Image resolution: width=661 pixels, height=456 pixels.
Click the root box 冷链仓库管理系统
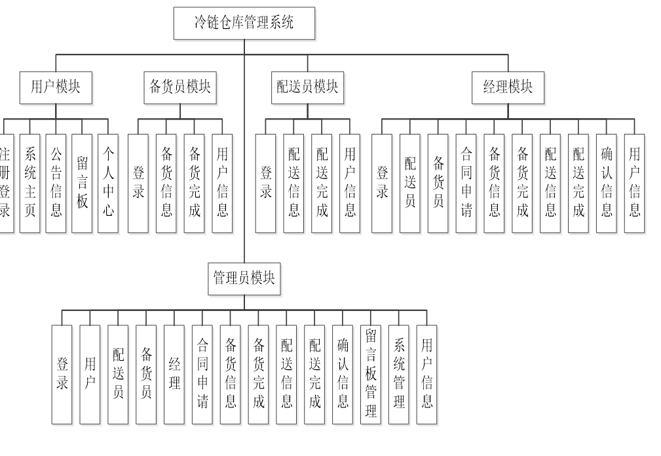tap(244, 23)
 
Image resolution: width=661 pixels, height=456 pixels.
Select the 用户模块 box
tap(56, 87)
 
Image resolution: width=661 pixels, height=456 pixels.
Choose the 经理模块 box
tap(508, 87)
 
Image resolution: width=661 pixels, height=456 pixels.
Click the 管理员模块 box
tap(244, 278)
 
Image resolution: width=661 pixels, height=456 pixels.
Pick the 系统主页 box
tap(30, 183)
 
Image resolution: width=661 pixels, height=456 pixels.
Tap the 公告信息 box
tap(56, 183)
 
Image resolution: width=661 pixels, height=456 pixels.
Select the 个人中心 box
tap(108, 183)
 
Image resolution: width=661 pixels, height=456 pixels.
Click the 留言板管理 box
tap(371, 374)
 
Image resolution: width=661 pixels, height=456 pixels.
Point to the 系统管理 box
tap(399, 374)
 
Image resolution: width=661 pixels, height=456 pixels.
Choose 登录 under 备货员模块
tap(138, 183)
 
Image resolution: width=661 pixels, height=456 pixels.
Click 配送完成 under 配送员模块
tap(322, 183)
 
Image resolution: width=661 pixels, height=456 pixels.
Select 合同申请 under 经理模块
tap(466, 183)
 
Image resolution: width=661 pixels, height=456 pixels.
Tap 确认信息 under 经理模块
tap(607, 183)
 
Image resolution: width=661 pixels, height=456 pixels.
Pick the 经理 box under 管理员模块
tap(174, 374)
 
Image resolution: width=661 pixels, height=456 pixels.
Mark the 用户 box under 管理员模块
tap(90, 374)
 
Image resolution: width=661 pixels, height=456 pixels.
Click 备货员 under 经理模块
tap(438, 183)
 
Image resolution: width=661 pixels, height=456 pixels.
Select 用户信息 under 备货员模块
tap(222, 183)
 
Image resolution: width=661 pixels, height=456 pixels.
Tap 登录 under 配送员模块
tap(266, 183)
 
